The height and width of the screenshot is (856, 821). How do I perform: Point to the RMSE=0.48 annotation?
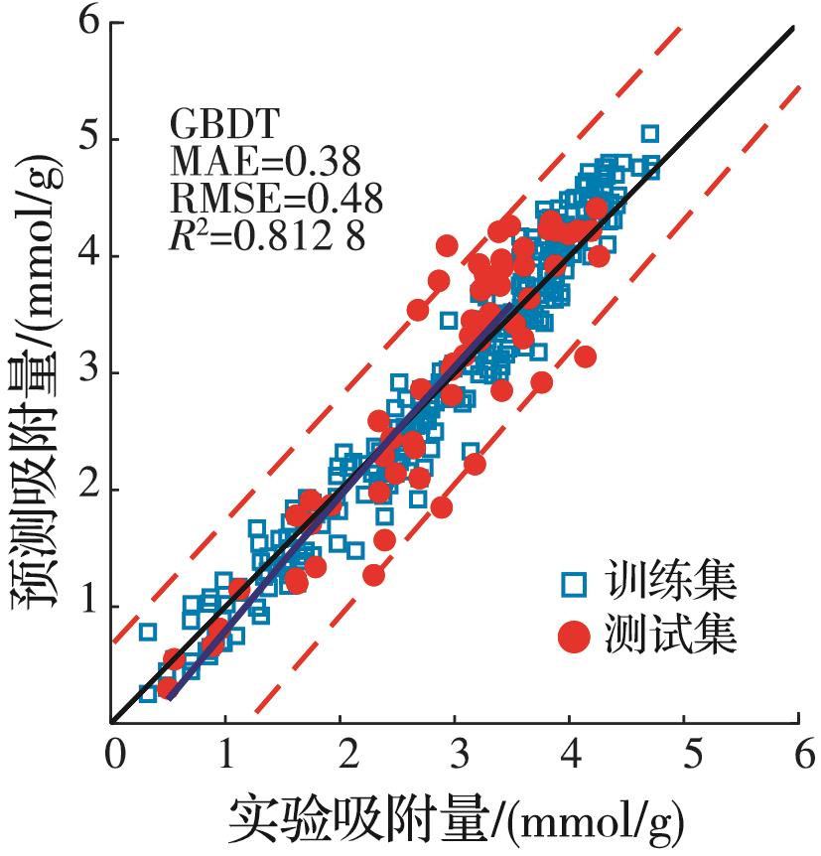276,200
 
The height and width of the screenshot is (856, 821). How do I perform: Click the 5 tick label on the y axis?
91,140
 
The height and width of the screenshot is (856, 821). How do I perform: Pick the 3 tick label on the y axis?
91,373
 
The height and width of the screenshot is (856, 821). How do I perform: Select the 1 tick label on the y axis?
91,607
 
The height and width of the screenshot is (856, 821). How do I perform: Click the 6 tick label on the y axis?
91,23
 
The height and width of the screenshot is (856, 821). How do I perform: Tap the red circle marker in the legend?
571,638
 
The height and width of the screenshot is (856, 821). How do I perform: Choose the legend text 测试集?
671,638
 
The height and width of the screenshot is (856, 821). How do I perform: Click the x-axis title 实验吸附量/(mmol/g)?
457,820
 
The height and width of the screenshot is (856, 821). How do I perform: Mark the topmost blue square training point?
650,133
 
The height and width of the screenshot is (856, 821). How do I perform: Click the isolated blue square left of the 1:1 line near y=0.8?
148,631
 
